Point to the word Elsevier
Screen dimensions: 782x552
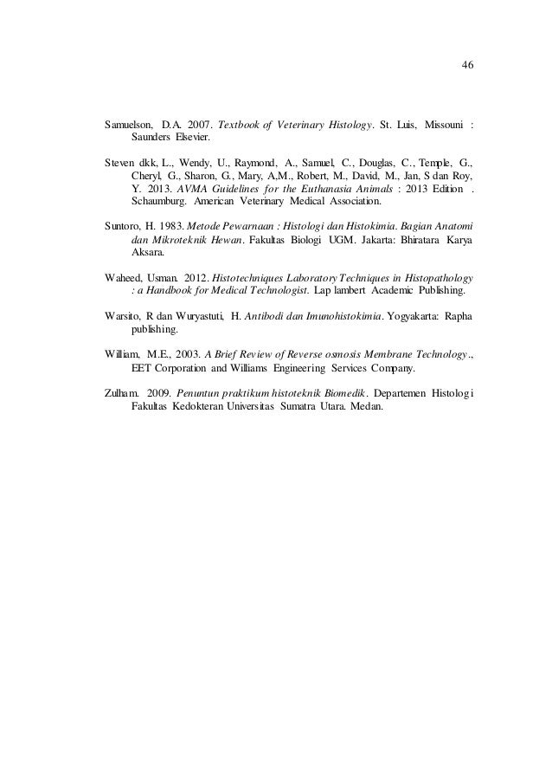[191, 137]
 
